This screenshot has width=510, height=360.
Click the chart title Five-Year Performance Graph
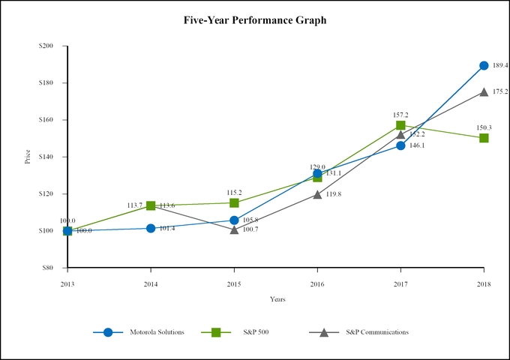click(x=255, y=20)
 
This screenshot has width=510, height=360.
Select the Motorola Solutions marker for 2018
click(x=484, y=66)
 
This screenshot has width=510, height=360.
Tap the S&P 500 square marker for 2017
click(x=400, y=125)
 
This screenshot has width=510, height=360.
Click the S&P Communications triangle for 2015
click(x=234, y=229)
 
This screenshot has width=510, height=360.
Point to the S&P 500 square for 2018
click(x=484, y=138)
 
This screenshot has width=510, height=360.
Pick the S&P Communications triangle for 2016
click(x=317, y=194)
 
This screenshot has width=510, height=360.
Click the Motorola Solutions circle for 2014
click(x=151, y=228)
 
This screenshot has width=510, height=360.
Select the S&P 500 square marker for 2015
click(x=234, y=203)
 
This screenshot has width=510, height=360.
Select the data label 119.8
click(x=334, y=194)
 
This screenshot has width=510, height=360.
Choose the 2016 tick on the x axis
click(x=317, y=283)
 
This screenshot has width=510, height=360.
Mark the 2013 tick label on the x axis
click(x=67, y=283)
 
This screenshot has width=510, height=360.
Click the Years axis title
click(x=277, y=299)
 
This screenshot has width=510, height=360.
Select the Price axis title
click(x=28, y=157)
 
